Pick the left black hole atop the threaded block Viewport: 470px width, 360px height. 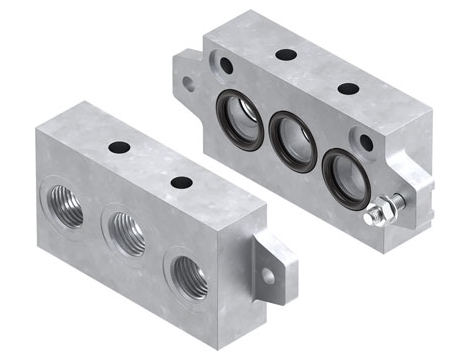click(x=120, y=148)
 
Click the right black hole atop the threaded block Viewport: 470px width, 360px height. click(x=182, y=182)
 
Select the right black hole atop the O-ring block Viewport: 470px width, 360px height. click(x=348, y=88)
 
